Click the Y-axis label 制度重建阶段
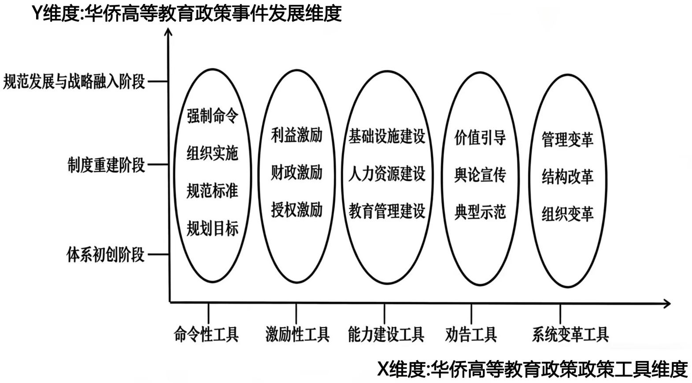pos(106,165)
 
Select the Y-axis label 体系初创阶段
pos(105,254)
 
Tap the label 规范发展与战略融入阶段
pos(74,81)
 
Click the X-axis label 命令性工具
pos(206,335)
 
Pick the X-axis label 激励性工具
pos(297,335)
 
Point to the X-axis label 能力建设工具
pos(386,335)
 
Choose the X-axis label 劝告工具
pos(471,335)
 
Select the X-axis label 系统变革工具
pos(570,335)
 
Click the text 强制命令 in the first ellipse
pos(212,116)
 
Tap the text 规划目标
pos(212,228)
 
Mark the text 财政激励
pos(296,172)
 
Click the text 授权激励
pos(296,210)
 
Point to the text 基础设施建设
pos(387,136)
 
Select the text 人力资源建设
pos(387,174)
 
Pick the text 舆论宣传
pos(480,175)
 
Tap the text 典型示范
pos(480,212)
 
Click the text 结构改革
pos(567,177)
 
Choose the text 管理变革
pos(567,140)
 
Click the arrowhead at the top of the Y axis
pos(168,33)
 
